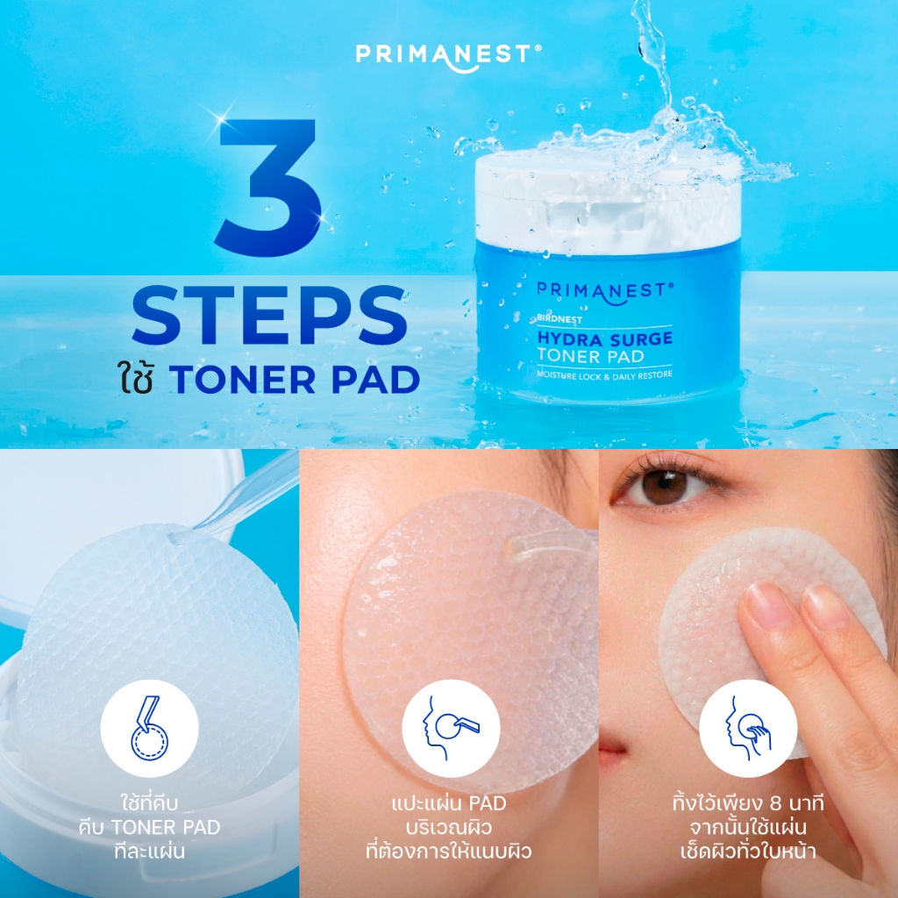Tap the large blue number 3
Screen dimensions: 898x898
tap(269, 188)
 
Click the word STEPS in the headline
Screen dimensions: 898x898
tap(269, 316)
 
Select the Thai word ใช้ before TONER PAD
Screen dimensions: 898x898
tap(136, 378)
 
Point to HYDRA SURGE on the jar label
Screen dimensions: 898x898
tap(605, 339)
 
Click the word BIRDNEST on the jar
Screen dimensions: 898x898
tap(559, 319)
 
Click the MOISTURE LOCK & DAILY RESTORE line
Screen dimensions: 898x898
tap(604, 375)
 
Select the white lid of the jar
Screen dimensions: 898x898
tap(608, 195)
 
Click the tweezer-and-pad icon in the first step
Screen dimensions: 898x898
tap(149, 728)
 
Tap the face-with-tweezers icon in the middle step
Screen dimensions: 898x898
tap(451, 728)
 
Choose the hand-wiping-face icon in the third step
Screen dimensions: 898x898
tap(748, 728)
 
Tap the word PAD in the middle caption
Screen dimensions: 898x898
tap(488, 803)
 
